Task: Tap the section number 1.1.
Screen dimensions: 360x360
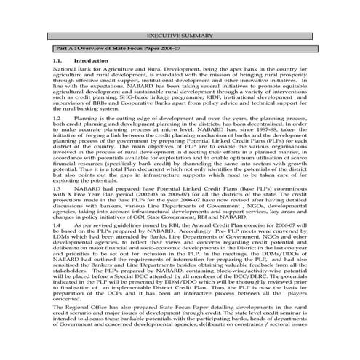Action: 58,61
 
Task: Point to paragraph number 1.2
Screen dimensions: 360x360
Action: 58,116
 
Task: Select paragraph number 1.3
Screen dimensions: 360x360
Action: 58,188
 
